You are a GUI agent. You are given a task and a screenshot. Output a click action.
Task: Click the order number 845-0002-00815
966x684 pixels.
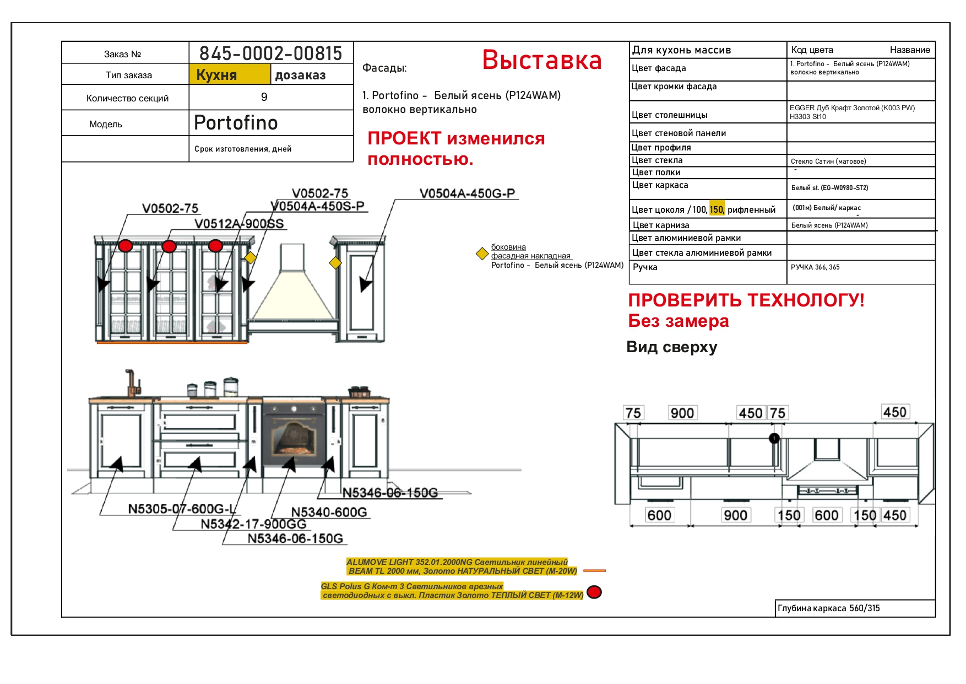point(270,53)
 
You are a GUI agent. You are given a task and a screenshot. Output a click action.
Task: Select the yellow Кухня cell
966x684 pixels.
point(230,74)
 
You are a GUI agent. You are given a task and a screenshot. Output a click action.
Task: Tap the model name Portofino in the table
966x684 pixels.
point(236,122)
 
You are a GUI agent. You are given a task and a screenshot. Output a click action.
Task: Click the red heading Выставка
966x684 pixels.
point(542,60)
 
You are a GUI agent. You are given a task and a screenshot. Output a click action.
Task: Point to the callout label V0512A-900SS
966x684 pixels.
point(239,224)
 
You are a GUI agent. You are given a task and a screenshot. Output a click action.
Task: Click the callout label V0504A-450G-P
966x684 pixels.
point(467,193)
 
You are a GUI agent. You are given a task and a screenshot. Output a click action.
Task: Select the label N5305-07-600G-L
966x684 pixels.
point(182,509)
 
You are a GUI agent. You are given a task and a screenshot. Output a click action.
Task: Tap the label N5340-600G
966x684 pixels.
point(329,513)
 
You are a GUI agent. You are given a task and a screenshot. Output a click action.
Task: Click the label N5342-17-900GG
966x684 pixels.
point(253,524)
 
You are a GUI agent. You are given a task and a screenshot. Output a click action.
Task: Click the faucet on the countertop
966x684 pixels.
point(131,383)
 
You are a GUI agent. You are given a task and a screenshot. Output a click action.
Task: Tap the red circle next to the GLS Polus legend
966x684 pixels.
point(594,592)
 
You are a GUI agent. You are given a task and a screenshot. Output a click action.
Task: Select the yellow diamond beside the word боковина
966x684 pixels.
point(482,254)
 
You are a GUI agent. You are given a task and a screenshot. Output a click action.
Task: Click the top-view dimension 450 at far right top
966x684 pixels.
point(895,412)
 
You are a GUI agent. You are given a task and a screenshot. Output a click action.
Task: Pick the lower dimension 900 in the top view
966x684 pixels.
point(735,515)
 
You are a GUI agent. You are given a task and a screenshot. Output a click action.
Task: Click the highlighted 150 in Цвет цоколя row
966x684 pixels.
point(717,209)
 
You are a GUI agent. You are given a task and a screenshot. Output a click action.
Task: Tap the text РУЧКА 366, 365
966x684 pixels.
point(815,267)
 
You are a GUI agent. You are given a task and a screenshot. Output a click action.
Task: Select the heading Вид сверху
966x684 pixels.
point(672,347)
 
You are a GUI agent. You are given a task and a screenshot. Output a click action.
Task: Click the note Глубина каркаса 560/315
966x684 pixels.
point(828,608)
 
